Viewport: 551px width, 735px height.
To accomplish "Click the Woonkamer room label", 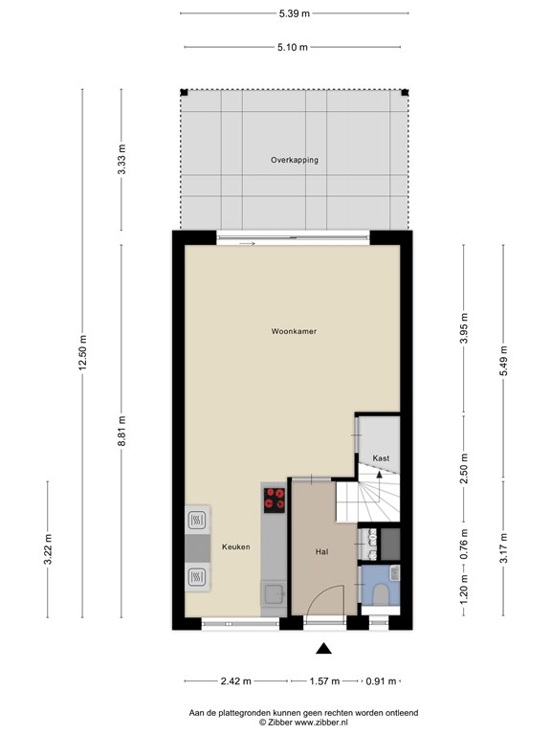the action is point(294,331).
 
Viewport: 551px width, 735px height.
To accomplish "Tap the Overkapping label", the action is point(295,160).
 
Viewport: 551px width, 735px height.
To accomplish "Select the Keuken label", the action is point(235,546).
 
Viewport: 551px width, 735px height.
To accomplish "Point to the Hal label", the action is point(321,552).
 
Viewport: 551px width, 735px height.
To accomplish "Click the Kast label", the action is point(381,458).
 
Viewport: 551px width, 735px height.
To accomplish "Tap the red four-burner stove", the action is point(275,499).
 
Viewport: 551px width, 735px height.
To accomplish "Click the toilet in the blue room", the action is point(380,594).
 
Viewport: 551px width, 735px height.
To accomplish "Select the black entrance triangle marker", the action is point(323,649).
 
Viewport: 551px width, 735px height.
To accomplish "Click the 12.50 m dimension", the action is point(83,352).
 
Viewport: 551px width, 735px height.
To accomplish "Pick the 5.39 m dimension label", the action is point(295,13).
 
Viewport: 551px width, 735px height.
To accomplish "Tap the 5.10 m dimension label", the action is point(293,47).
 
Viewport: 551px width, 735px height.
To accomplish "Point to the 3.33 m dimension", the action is point(121,160).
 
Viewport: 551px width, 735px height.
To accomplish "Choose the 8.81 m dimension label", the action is point(121,432).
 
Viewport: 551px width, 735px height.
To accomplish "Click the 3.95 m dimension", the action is point(464,328).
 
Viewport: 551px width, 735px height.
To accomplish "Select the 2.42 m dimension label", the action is point(235,681).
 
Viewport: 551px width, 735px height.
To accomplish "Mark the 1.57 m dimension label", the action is point(324,681).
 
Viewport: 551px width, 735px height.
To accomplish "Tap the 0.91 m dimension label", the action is point(381,681).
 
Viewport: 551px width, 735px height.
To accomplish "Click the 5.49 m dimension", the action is point(504,361).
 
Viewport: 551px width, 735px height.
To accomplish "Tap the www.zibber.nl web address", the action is point(321,723).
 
